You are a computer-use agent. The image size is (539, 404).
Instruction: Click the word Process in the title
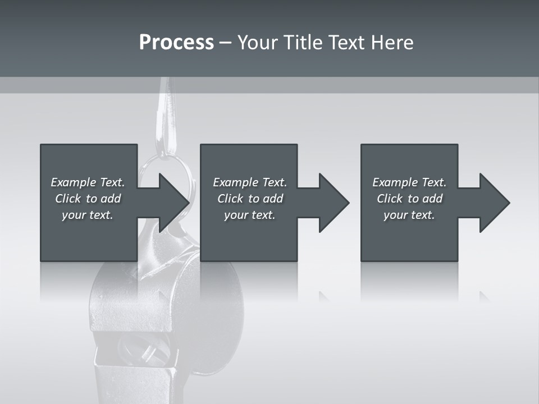tap(176, 43)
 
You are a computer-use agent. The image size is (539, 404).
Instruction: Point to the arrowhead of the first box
tap(172, 203)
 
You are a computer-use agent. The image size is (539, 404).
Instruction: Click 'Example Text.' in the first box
tap(88, 182)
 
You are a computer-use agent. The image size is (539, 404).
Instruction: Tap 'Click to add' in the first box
tap(88, 199)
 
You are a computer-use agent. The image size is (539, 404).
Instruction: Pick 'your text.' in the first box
tap(88, 215)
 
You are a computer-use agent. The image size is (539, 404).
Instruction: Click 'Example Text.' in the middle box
tap(250, 182)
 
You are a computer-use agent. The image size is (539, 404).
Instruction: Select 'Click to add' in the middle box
tap(250, 199)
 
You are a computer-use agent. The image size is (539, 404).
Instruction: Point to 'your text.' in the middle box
tap(250, 215)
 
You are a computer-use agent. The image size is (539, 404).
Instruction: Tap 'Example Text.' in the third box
tap(409, 182)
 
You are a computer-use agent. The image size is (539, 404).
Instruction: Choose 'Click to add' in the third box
tap(409, 199)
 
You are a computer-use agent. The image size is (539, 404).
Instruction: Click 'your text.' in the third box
tap(409, 215)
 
